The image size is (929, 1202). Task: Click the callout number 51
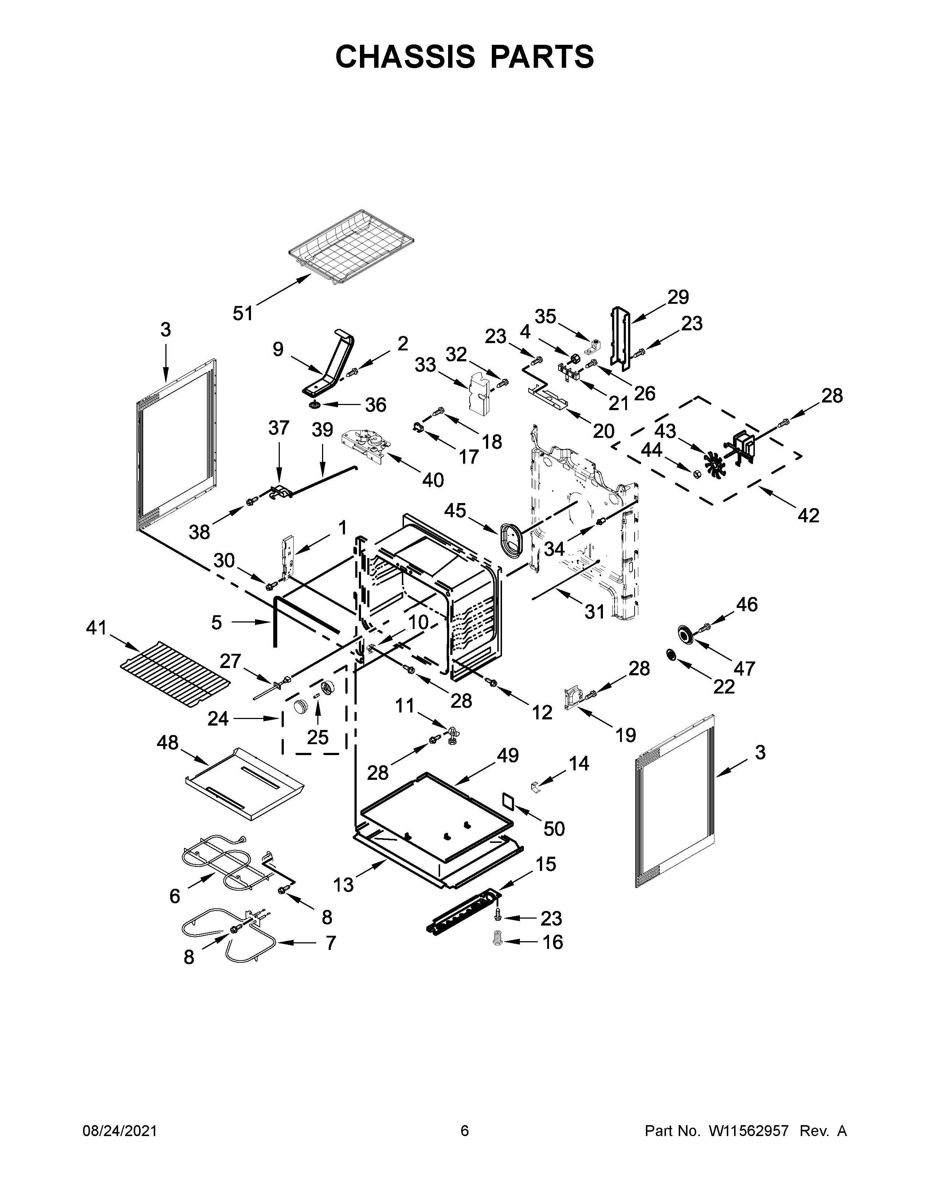242,314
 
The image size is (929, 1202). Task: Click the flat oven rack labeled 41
175,675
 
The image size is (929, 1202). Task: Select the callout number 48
168,743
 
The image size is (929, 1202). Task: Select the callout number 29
678,297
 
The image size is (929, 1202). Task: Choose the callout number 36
376,405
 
